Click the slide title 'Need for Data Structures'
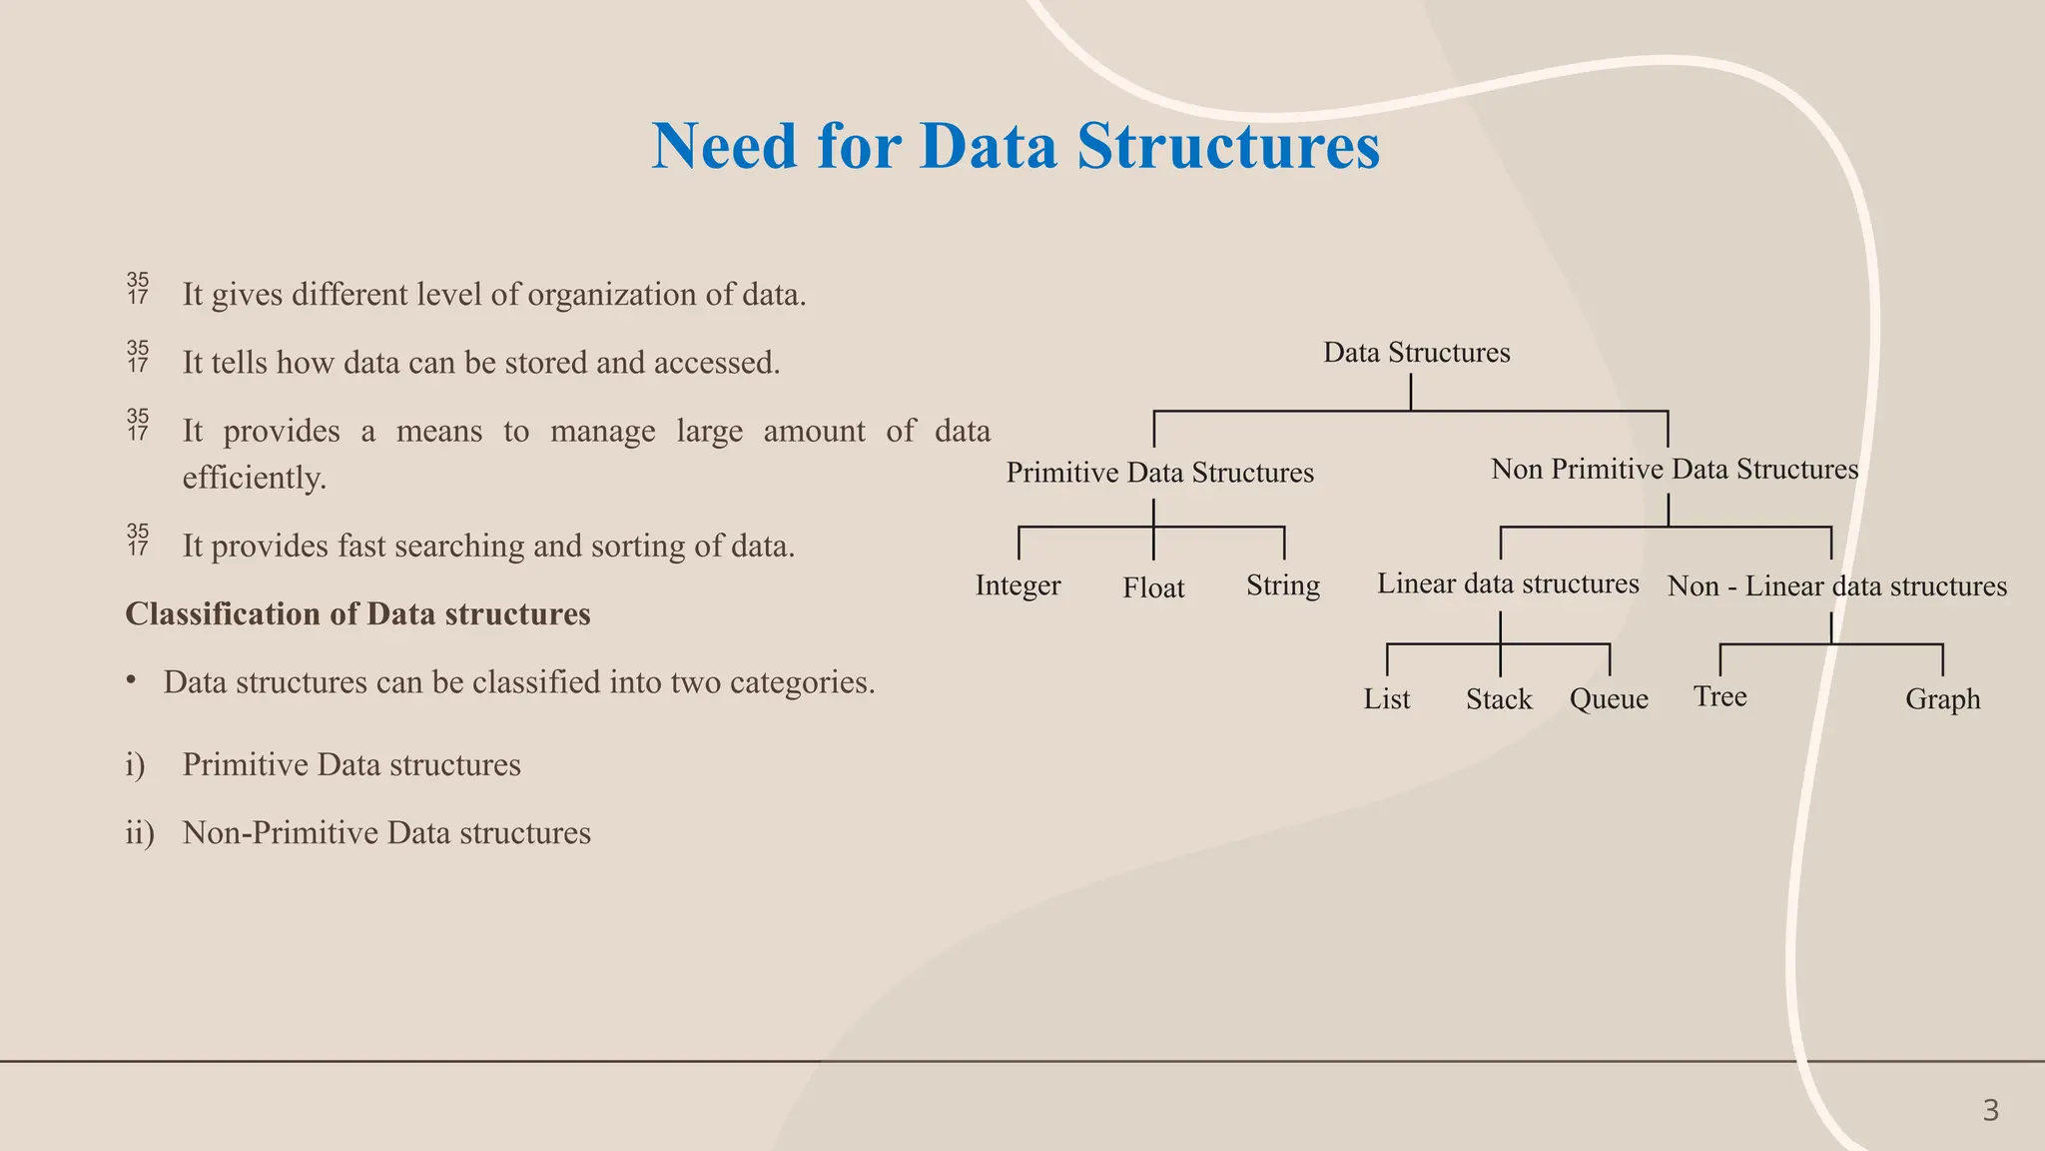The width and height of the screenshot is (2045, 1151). pyautogui.click(x=1016, y=147)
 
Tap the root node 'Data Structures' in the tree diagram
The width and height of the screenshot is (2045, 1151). pyautogui.click(x=1416, y=353)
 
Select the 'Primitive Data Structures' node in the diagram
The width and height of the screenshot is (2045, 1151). pyautogui.click(x=1159, y=473)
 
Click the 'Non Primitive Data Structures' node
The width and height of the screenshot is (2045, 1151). pyautogui.click(x=1675, y=470)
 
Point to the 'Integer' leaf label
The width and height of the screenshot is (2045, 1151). pyautogui.click(x=1018, y=585)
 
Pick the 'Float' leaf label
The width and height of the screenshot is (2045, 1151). pyautogui.click(x=1153, y=588)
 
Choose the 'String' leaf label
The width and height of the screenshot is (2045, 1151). pyautogui.click(x=1283, y=585)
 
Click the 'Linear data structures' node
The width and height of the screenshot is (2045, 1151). pyautogui.click(x=1508, y=584)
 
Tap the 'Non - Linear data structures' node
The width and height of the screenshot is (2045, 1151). pyautogui.click(x=1836, y=586)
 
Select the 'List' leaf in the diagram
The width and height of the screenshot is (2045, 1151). pyautogui.click(x=1387, y=699)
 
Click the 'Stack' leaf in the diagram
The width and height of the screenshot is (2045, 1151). pyautogui.click(x=1499, y=699)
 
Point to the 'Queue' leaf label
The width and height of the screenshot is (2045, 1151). pyautogui.click(x=1609, y=699)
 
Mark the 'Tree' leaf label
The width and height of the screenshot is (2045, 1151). pyautogui.click(x=1719, y=696)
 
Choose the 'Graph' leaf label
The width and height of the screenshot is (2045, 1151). pyautogui.click(x=1942, y=699)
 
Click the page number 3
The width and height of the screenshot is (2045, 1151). pyautogui.click(x=1990, y=1111)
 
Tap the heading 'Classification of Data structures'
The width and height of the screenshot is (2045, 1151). pyautogui.click(x=357, y=614)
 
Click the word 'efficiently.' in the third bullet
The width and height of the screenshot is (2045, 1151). pyautogui.click(x=255, y=479)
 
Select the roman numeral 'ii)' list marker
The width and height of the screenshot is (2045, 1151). pyautogui.click(x=140, y=833)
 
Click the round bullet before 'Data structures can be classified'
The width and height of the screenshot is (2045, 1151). pyautogui.click(x=131, y=680)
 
